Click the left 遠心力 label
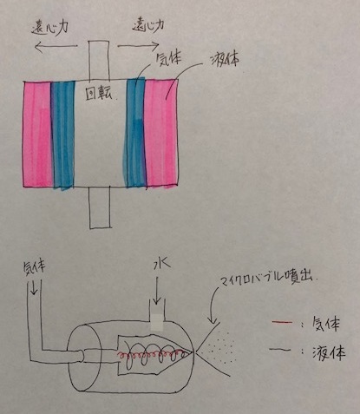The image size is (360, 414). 49,30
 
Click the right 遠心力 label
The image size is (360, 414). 148,27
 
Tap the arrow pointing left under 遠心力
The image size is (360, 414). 56,47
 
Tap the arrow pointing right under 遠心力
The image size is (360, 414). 138,45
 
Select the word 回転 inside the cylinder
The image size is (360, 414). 99,94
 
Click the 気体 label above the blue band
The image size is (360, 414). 168,60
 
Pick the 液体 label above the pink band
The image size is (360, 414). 225,60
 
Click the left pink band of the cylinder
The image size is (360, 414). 37,135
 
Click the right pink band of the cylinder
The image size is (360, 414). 161,133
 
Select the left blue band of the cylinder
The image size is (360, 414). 63,135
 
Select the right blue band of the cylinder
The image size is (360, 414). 135,133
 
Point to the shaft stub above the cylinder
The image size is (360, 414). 99,61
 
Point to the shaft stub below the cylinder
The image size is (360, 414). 100,207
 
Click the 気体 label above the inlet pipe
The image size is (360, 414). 34,267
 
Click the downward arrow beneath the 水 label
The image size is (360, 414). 156,291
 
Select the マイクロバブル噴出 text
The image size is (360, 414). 268,278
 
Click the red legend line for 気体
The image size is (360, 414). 282,321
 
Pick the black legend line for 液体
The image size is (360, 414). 280,351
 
